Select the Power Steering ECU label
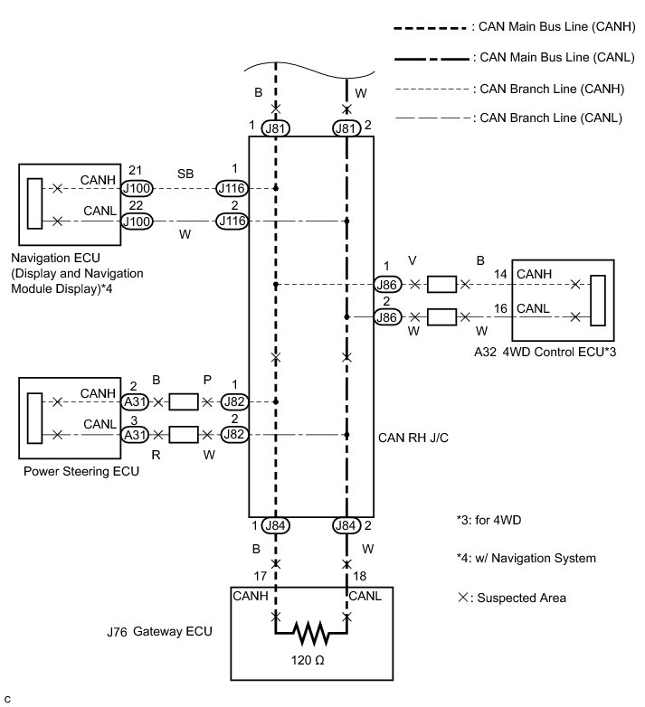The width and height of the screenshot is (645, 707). tap(81, 471)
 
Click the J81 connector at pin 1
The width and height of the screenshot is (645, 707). tap(276, 128)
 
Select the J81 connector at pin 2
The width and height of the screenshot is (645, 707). tap(346, 128)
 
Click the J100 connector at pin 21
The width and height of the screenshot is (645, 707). tap(138, 188)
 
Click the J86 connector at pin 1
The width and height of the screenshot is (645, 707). tap(386, 284)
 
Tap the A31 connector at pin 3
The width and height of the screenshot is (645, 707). tap(137, 436)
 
